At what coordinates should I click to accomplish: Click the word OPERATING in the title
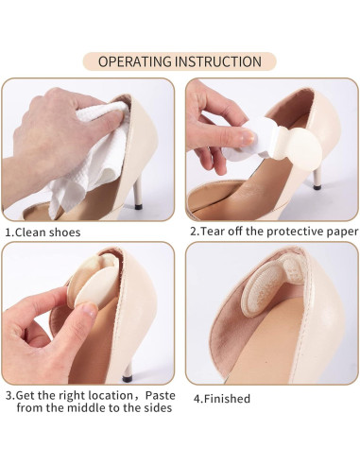[x=134, y=61]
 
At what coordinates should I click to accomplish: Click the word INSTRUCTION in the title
[x=218, y=61]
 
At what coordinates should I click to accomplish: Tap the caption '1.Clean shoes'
[x=43, y=232]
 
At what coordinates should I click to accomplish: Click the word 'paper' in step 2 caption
[x=342, y=232]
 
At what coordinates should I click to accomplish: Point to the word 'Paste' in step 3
[x=160, y=395]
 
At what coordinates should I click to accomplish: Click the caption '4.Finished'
[x=222, y=399]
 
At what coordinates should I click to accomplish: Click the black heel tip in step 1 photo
[x=138, y=206]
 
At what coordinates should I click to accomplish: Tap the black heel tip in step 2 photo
[x=317, y=188]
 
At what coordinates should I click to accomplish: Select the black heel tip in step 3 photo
[x=127, y=378]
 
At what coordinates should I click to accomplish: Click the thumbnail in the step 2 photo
[x=248, y=136]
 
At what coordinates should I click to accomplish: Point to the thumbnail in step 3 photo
[x=90, y=310]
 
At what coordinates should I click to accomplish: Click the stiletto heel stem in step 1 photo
[x=137, y=191]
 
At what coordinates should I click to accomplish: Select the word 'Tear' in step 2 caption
[x=213, y=232]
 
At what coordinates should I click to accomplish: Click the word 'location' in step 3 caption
[x=111, y=395]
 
